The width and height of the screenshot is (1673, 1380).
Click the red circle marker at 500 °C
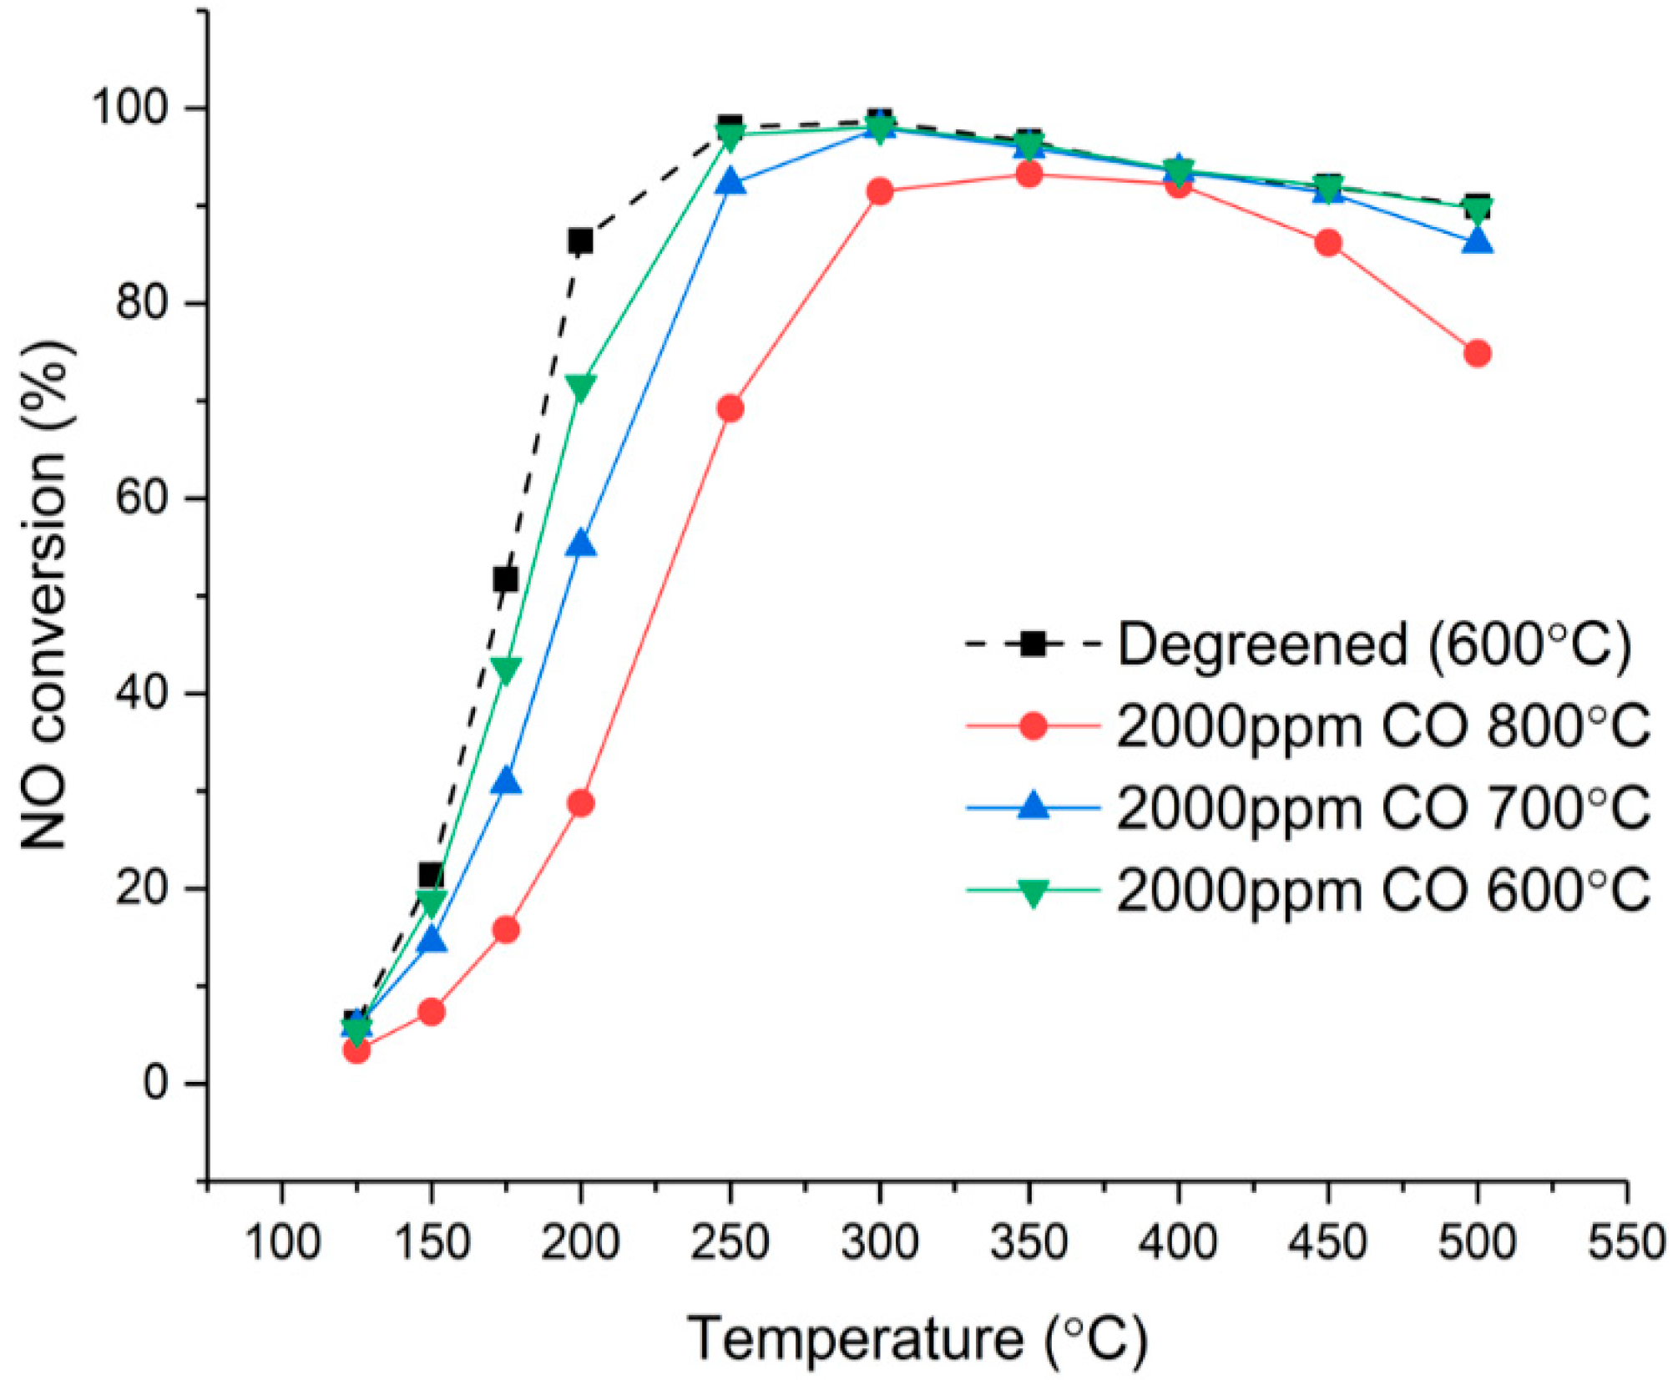(1477, 354)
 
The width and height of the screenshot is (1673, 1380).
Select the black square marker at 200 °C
(580, 241)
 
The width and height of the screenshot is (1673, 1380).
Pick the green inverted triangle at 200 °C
(580, 387)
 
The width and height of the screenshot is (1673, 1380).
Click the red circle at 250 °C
(730, 408)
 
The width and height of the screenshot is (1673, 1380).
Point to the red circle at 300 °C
(879, 192)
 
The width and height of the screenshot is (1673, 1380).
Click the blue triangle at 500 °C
(1477, 242)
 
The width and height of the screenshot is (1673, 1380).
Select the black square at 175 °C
(505, 579)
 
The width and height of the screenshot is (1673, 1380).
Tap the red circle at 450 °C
(1327, 244)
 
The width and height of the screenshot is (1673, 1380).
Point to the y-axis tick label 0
(155, 1083)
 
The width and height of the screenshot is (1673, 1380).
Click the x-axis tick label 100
(282, 1242)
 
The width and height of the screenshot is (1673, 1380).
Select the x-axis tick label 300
(879, 1242)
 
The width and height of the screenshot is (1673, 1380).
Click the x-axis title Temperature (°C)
(917, 1339)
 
